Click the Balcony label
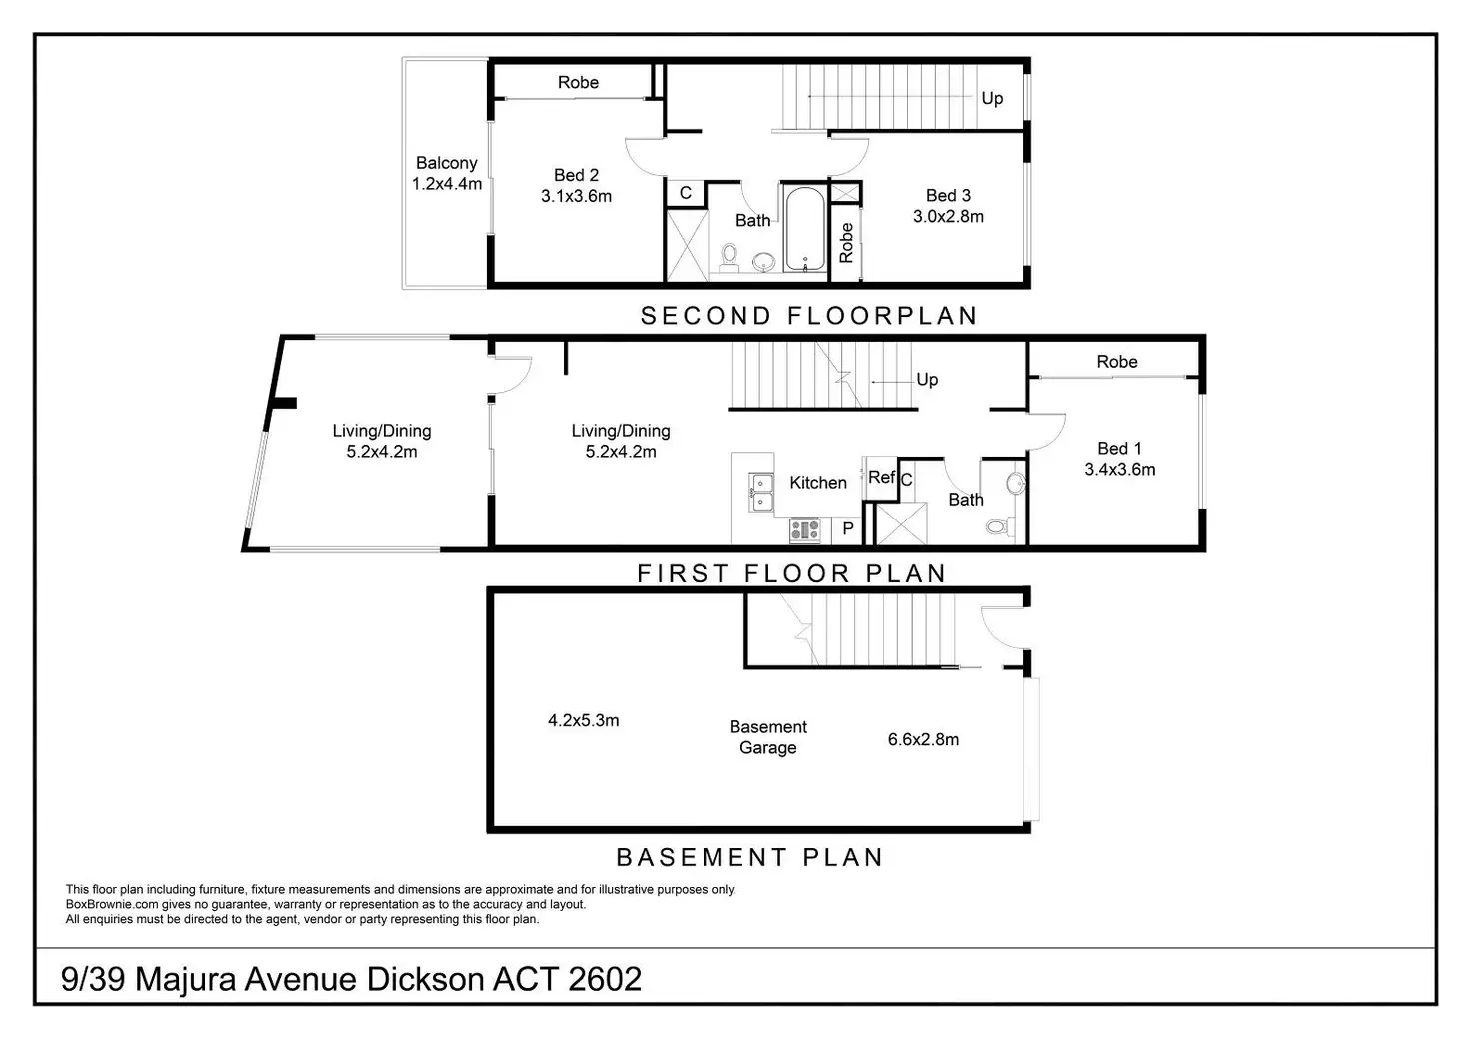coord(446,163)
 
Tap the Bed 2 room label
coord(576,175)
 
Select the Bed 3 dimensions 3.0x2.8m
coord(948,216)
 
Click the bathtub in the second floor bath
coord(804,229)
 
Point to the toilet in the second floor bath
coord(730,257)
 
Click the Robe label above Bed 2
coord(578,83)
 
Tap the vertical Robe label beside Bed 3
coord(846,243)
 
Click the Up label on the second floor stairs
coord(992,98)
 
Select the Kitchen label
coord(818,483)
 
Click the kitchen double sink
coord(760,492)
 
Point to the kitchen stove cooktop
coord(805,529)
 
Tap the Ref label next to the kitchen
coord(880,478)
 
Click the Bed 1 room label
coord(1119,449)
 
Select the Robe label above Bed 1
coord(1116,362)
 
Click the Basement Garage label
coord(767,737)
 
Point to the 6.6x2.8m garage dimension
coord(923,740)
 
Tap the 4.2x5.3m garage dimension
coord(583,720)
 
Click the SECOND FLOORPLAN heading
coord(808,316)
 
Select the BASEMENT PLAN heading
coord(749,858)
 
